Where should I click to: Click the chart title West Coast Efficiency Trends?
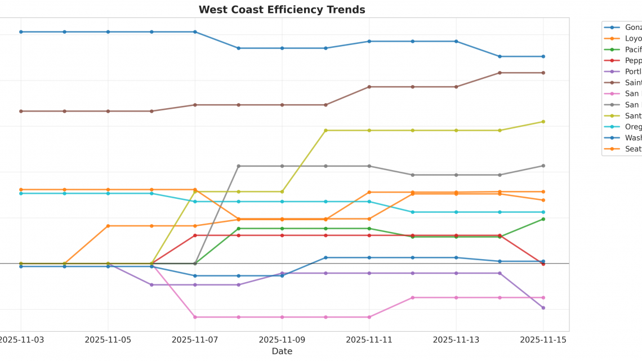(x=282, y=10)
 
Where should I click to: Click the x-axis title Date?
(x=282, y=351)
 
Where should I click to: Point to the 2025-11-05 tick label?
(x=108, y=340)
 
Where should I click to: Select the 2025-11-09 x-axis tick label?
(x=282, y=340)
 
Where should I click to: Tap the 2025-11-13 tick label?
(x=456, y=340)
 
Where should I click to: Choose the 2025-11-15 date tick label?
(x=543, y=340)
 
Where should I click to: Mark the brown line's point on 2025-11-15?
(x=543, y=73)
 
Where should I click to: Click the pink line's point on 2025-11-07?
(x=195, y=317)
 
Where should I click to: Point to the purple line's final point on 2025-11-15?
(x=543, y=308)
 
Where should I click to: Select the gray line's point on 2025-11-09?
(x=282, y=166)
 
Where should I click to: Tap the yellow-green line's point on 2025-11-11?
(x=369, y=131)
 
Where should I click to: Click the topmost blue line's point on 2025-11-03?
(x=21, y=32)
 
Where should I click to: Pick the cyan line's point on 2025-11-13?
(x=456, y=212)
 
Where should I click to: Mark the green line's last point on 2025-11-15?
(x=543, y=219)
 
